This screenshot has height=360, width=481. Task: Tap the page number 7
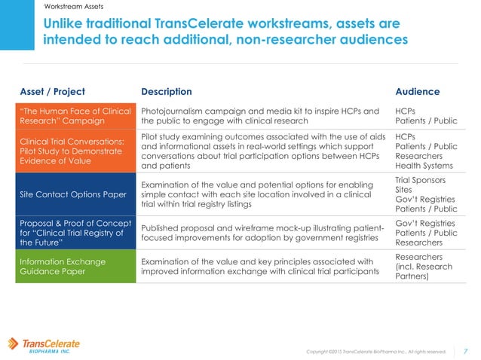[465, 350]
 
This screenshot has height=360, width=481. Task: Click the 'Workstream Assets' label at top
[75, 6]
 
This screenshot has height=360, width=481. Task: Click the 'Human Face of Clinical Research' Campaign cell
[73, 115]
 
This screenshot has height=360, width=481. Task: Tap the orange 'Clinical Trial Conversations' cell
[73, 151]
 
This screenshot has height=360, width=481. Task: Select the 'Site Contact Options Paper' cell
[73, 194]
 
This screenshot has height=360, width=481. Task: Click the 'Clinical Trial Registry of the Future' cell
[73, 233]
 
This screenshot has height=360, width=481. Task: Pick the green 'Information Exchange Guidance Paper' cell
[73, 267]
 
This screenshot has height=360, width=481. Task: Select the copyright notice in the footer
[376, 351]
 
